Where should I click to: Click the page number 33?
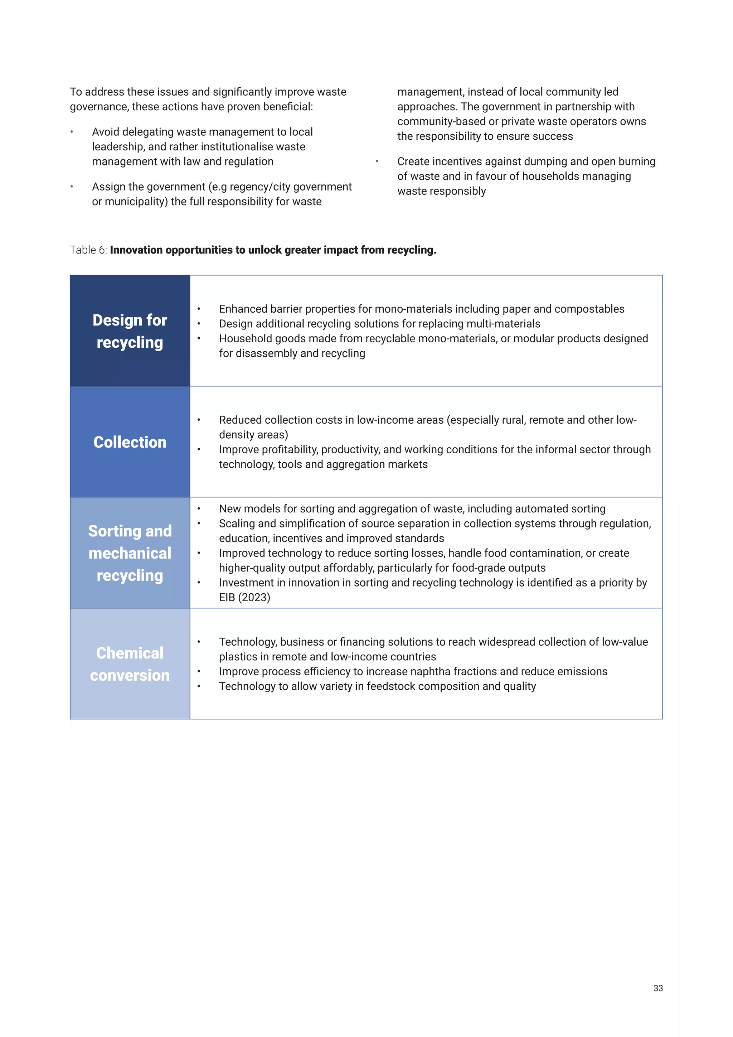[x=657, y=988]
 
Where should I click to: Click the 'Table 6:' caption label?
[x=88, y=250]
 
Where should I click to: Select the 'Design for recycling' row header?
[x=130, y=331]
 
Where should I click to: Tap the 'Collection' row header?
[x=130, y=442]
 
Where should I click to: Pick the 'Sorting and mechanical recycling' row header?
[x=130, y=553]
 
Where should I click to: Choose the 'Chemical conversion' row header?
[x=130, y=664]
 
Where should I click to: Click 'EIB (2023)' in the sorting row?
[x=245, y=598]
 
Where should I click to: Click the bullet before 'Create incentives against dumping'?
[x=377, y=161]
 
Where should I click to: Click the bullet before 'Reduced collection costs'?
[x=199, y=420]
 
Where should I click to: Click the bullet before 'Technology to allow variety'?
[x=199, y=686]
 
